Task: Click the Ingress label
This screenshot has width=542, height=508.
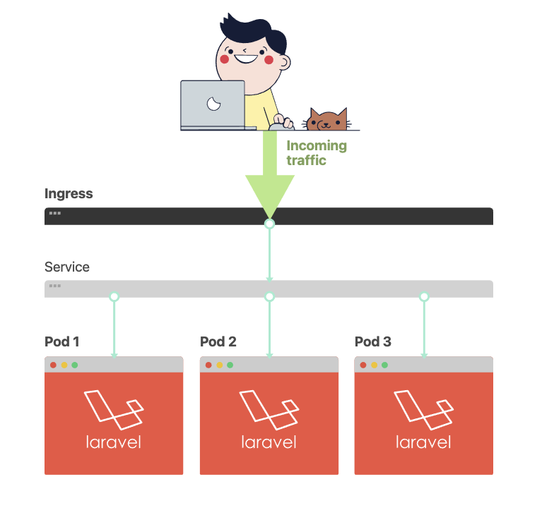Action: coord(69,194)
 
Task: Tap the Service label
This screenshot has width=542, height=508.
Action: coord(67,267)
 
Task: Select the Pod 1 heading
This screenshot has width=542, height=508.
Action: coord(62,341)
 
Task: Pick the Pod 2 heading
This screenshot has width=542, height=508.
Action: coord(218,341)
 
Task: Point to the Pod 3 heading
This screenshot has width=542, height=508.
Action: coord(373,341)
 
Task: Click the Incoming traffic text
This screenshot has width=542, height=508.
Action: coord(317,153)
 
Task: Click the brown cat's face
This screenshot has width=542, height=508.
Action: coord(326,120)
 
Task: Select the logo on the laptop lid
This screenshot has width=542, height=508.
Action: coord(213,104)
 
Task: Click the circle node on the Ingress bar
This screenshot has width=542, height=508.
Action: coord(270,224)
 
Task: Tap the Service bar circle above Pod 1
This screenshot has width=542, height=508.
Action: coord(114,296)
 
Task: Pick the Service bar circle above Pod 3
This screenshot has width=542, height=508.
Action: coord(424,296)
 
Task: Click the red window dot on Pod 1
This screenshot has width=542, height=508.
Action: coord(53,365)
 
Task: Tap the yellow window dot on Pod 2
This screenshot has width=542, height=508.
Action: coord(219,365)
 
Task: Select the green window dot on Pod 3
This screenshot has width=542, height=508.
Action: coord(384,365)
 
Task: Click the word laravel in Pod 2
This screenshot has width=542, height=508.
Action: coord(269,442)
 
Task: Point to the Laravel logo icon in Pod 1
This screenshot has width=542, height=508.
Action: coord(114,410)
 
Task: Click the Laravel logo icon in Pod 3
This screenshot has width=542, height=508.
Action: coord(424,410)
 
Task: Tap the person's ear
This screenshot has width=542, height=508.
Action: coord(285,63)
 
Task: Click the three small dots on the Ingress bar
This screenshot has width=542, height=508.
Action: coord(55,213)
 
